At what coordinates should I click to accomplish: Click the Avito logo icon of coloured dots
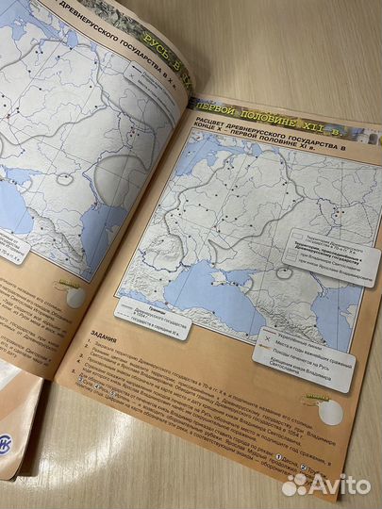296,484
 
